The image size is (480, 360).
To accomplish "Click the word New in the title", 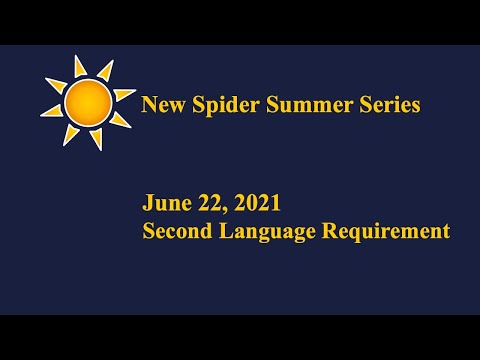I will [x=161, y=104].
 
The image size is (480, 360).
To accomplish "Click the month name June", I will [x=163, y=203].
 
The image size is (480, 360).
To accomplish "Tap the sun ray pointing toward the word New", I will [x=124, y=95].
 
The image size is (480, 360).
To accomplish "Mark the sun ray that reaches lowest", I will [x=95, y=139].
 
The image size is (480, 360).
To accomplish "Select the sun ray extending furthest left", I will [x=50, y=110].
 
